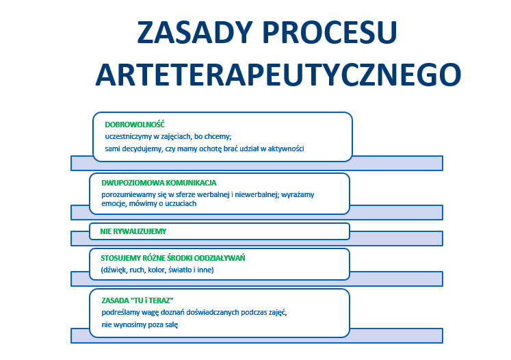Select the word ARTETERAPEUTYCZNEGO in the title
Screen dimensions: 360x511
pyautogui.click(x=278, y=73)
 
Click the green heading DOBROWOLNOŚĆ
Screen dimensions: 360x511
pyautogui.click(x=131, y=125)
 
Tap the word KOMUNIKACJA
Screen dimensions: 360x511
pyautogui.click(x=191, y=183)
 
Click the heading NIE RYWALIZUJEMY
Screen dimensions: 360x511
pyautogui.click(x=133, y=231)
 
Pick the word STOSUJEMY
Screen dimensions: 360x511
pyautogui.click(x=120, y=258)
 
